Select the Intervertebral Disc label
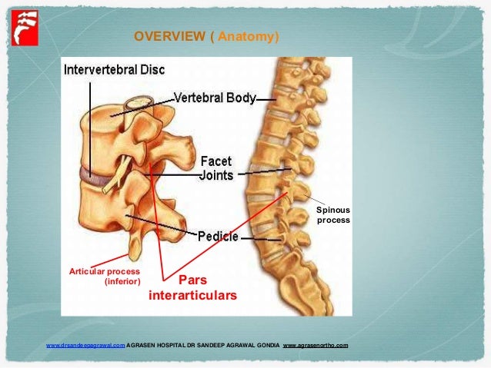click(114, 70)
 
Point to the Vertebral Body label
click(213, 98)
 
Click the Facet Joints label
click(215, 167)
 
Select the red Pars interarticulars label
click(192, 287)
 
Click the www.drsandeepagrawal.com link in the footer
click(85, 346)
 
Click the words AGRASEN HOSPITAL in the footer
click(155, 346)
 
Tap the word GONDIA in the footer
click(266, 346)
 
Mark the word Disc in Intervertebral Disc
click(152, 70)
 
